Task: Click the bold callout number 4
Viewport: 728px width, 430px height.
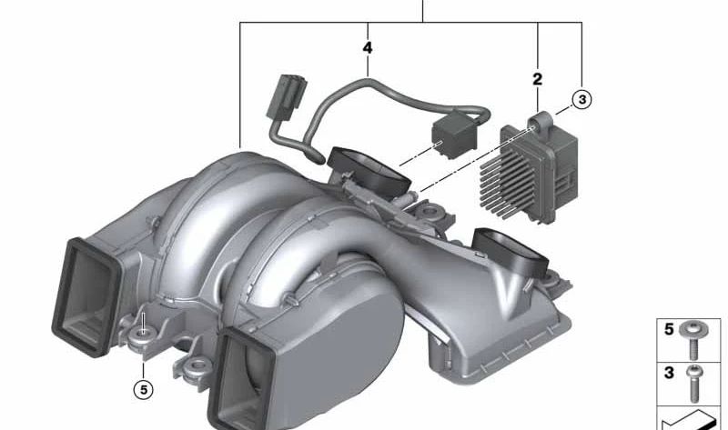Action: [368, 48]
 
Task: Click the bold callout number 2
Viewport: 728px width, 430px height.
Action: [537, 79]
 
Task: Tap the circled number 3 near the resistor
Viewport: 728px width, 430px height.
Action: [581, 99]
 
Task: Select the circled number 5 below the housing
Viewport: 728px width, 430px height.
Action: [143, 390]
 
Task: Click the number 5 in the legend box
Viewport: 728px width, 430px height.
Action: [669, 329]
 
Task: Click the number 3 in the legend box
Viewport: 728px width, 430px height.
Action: [669, 373]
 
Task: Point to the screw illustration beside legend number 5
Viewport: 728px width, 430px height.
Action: [693, 341]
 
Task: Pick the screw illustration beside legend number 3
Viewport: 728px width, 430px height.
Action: [694, 383]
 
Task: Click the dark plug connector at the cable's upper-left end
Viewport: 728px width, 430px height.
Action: [286, 97]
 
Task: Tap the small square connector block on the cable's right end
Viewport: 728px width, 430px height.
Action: [453, 134]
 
